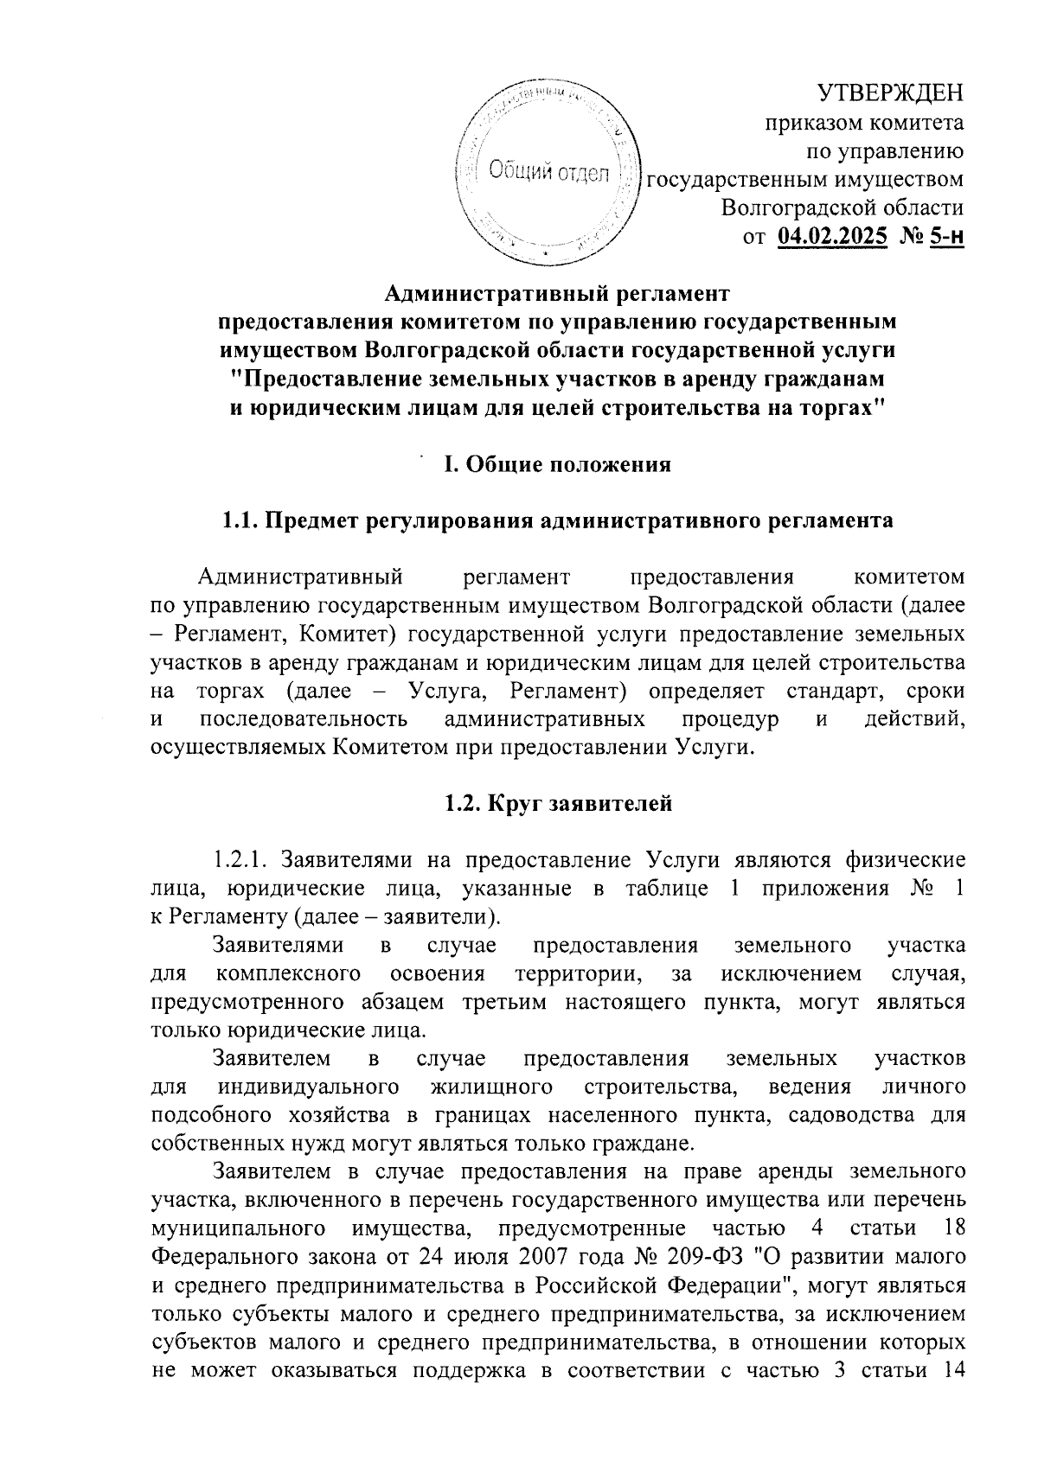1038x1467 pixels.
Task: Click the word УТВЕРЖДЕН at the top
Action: click(891, 92)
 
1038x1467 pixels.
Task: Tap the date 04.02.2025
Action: click(833, 234)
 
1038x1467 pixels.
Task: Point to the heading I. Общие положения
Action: click(557, 465)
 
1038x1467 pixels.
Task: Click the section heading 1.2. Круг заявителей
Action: click(558, 804)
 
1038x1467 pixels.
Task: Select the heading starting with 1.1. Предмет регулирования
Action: click(557, 521)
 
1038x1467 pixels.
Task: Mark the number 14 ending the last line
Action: click(950, 1368)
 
